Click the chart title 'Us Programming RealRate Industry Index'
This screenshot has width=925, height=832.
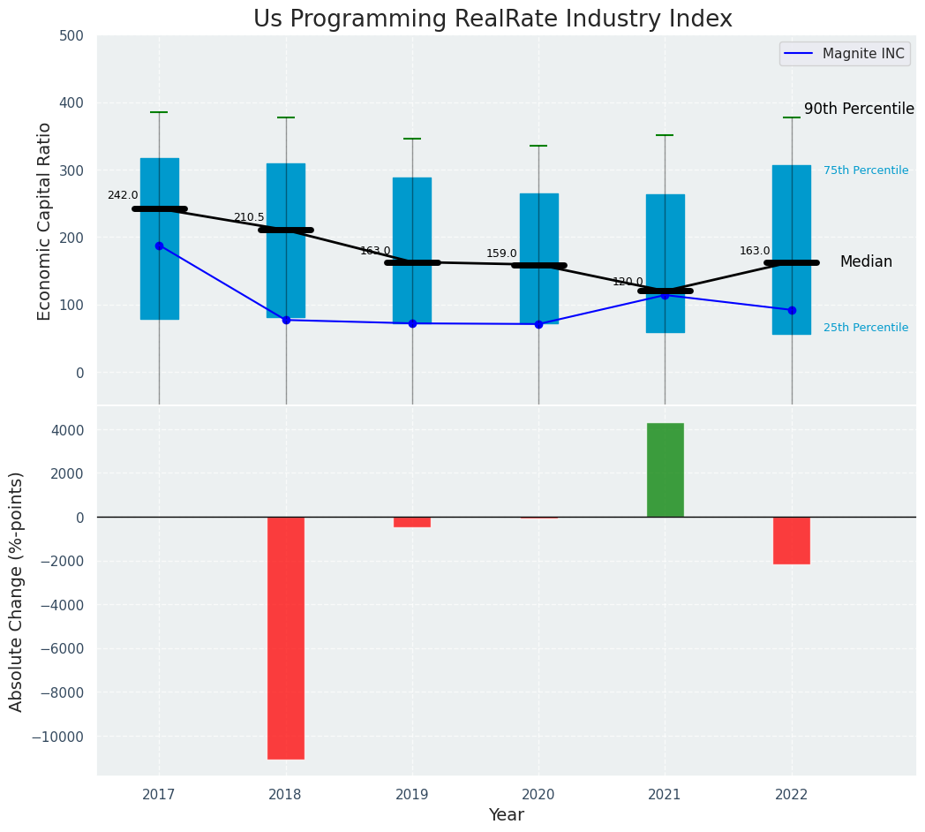(x=493, y=19)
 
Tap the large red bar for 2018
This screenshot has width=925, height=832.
(x=286, y=638)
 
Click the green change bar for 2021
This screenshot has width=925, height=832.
(x=665, y=470)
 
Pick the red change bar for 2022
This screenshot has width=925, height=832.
(x=792, y=541)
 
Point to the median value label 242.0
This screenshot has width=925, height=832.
(x=123, y=195)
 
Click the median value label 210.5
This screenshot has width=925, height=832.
(x=249, y=217)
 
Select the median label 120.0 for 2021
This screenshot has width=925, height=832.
(x=628, y=282)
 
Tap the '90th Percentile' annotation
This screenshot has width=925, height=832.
(x=859, y=110)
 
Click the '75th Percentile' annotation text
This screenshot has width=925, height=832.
(x=866, y=170)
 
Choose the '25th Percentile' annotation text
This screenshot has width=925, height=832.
(x=866, y=328)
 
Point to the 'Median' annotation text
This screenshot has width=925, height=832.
(x=866, y=262)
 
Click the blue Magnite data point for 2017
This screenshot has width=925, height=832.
(x=159, y=246)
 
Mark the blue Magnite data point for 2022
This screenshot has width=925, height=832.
(x=792, y=310)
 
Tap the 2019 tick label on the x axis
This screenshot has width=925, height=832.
(x=412, y=795)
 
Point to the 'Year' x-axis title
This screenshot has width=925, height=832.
(x=507, y=815)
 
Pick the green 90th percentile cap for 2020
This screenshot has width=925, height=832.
(x=538, y=146)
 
